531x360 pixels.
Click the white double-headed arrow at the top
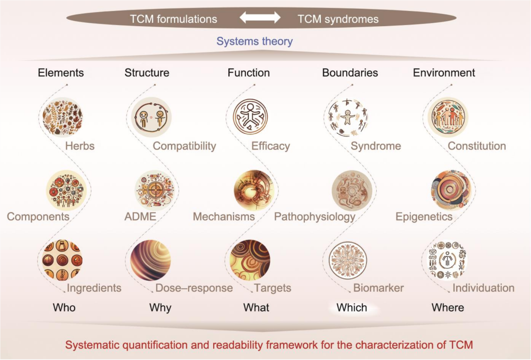[x=261, y=18]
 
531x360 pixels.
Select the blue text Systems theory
[x=255, y=42]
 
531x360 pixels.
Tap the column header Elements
[x=61, y=73]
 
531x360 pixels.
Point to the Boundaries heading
[x=350, y=73]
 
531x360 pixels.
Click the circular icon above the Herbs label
[x=62, y=117]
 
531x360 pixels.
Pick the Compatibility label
[x=185, y=146]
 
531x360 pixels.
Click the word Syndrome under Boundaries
[x=376, y=146]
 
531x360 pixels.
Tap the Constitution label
[x=477, y=146]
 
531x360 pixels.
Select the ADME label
[x=140, y=217]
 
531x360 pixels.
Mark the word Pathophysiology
[x=315, y=217]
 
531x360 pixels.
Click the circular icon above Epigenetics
[x=450, y=189]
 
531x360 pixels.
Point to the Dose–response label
[x=194, y=288]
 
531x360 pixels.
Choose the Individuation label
[x=483, y=288]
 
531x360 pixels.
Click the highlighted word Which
[x=352, y=308]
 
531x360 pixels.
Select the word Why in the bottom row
[x=160, y=308]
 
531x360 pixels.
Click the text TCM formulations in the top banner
[x=173, y=19]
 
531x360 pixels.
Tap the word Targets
[x=273, y=288]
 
